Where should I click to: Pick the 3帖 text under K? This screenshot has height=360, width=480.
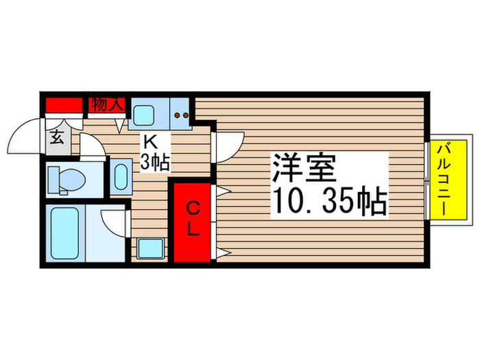click(156, 164)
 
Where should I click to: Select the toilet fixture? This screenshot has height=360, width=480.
click(66, 180)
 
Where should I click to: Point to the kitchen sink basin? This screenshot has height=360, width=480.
click(145, 115)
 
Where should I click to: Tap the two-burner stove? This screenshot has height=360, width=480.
click(182, 117)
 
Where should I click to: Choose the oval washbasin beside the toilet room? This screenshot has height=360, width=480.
click(121, 177)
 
